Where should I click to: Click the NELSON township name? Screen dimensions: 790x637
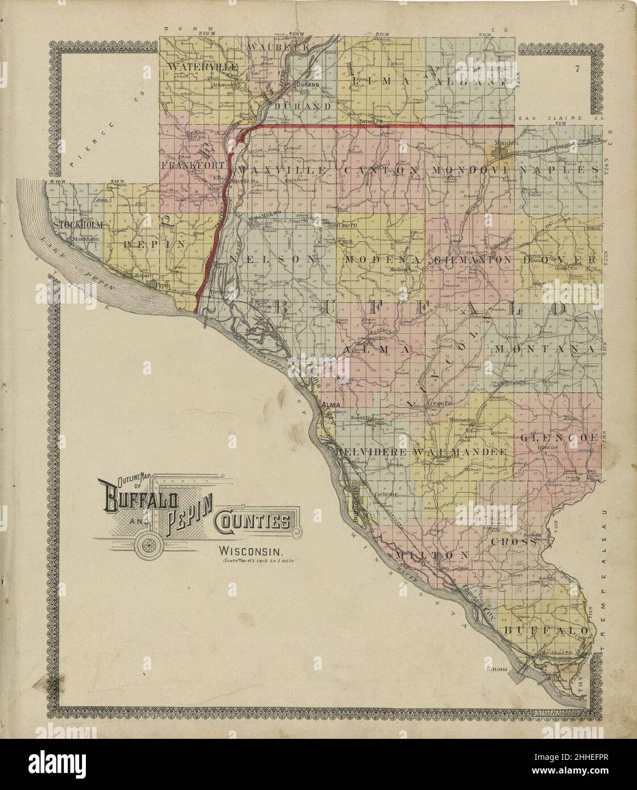click(x=272, y=259)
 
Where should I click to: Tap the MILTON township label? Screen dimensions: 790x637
click(x=432, y=554)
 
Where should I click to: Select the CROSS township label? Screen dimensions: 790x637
click(x=514, y=542)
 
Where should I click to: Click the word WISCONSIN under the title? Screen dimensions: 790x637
click(x=251, y=551)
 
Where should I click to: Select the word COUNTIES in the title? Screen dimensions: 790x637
click(x=256, y=520)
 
